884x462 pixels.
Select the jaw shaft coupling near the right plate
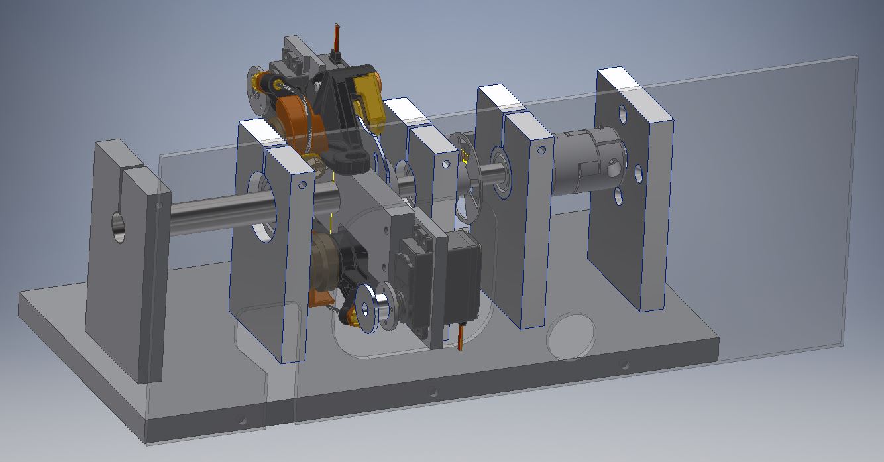[x=586, y=163]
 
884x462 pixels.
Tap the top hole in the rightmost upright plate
[x=623, y=114]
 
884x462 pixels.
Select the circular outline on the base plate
[x=570, y=336]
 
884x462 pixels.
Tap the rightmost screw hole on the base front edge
[x=624, y=364]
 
